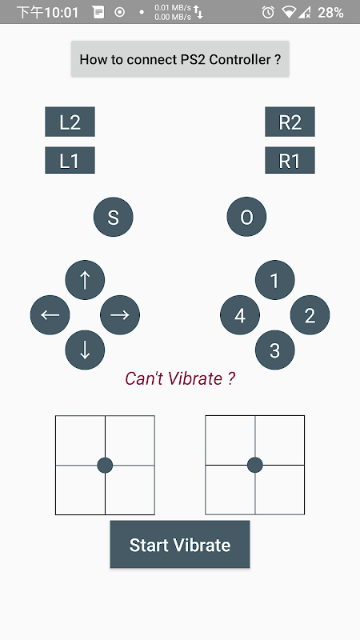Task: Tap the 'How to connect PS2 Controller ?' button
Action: pos(180,59)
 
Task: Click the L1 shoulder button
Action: pos(70,160)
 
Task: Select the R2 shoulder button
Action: pos(290,122)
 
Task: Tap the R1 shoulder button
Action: pos(290,160)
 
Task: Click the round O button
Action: pos(246,217)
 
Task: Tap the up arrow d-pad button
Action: pos(85,280)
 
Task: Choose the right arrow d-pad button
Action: pos(120,315)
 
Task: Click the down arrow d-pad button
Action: pos(85,350)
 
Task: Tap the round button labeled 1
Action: pos(274,280)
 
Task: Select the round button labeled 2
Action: pos(310,315)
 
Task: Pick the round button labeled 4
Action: pos(240,315)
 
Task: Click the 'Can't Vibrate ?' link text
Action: pos(180,378)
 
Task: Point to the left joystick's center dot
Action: pos(105,466)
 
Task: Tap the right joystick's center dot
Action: pos(255,466)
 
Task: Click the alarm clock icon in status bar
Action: pos(268,12)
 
